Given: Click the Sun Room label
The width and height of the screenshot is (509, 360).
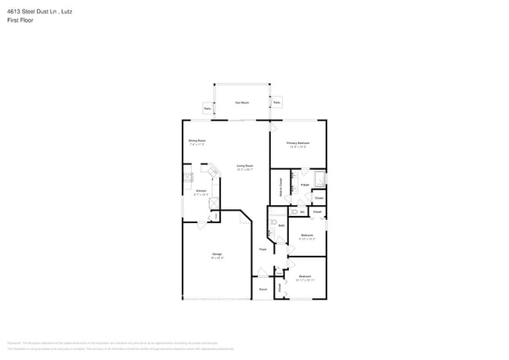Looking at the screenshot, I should (243, 103).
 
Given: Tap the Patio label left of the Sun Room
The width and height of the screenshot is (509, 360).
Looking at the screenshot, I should (208, 108).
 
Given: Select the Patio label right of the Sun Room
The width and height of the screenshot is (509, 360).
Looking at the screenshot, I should (277, 103).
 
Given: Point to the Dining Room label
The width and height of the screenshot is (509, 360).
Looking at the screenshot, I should (197, 141).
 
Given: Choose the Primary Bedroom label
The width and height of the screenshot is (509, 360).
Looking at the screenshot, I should (298, 143).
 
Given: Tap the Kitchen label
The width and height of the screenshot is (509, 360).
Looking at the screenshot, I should (201, 191).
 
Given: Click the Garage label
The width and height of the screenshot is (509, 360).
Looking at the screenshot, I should (216, 254).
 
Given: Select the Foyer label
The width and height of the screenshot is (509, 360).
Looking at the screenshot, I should (264, 250).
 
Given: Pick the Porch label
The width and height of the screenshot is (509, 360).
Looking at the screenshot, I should (263, 289).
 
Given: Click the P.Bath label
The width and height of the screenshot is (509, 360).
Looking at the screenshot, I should (304, 185).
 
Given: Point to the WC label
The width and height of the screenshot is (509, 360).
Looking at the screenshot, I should (301, 212).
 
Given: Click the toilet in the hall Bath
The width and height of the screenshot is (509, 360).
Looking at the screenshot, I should (273, 223).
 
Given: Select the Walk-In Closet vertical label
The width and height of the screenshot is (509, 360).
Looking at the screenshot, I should (280, 189).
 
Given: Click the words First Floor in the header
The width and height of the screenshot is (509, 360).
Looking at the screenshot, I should (20, 20).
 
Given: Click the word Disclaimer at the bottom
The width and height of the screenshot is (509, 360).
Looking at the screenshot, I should (13, 343).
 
